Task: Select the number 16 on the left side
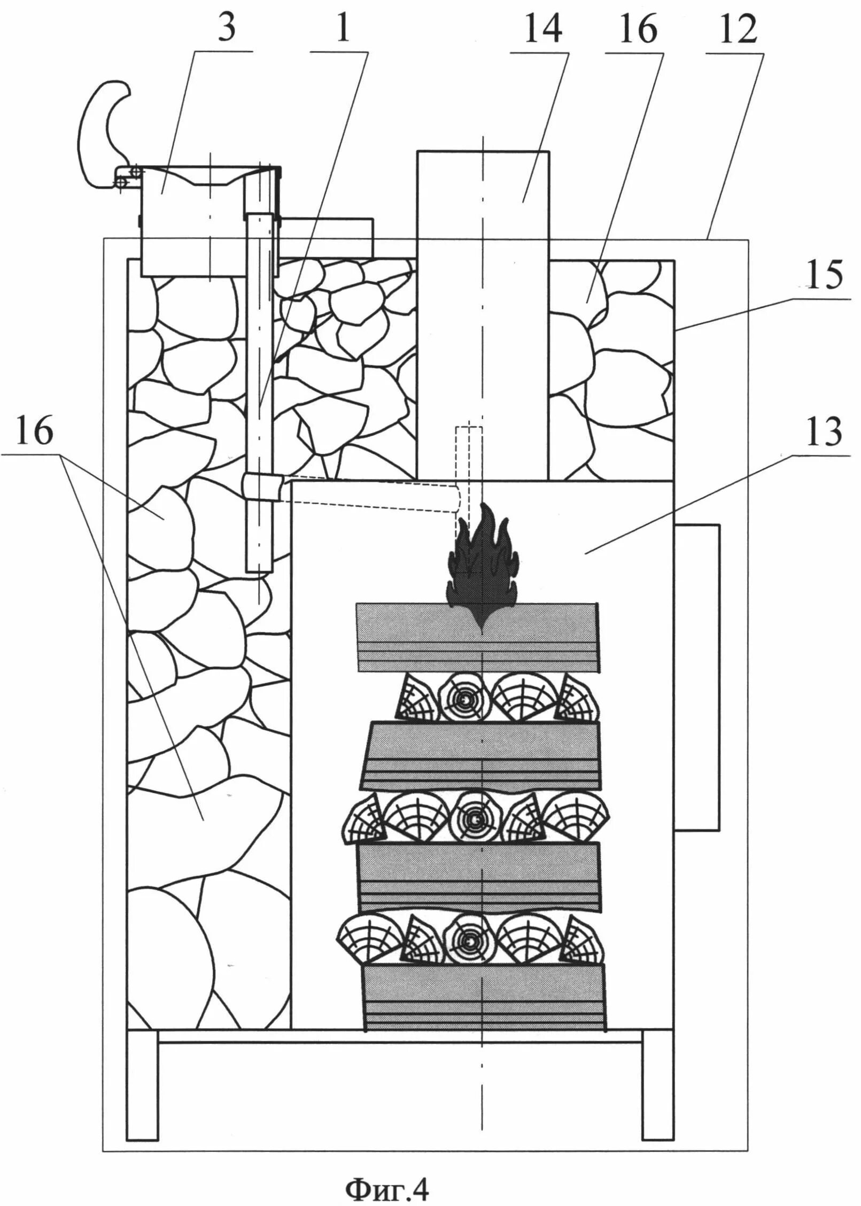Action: coord(35,430)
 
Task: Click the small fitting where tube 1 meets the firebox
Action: coord(262,487)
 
